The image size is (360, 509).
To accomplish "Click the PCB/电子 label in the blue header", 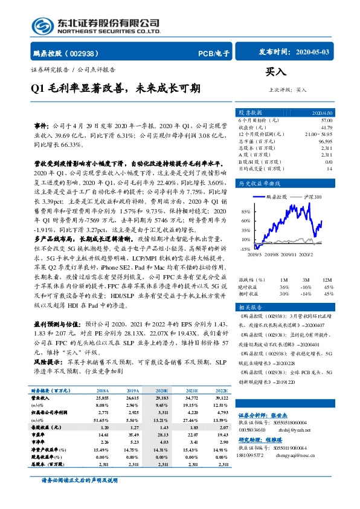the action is [214, 53].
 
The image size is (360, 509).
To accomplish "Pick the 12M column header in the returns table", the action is [328, 280].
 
